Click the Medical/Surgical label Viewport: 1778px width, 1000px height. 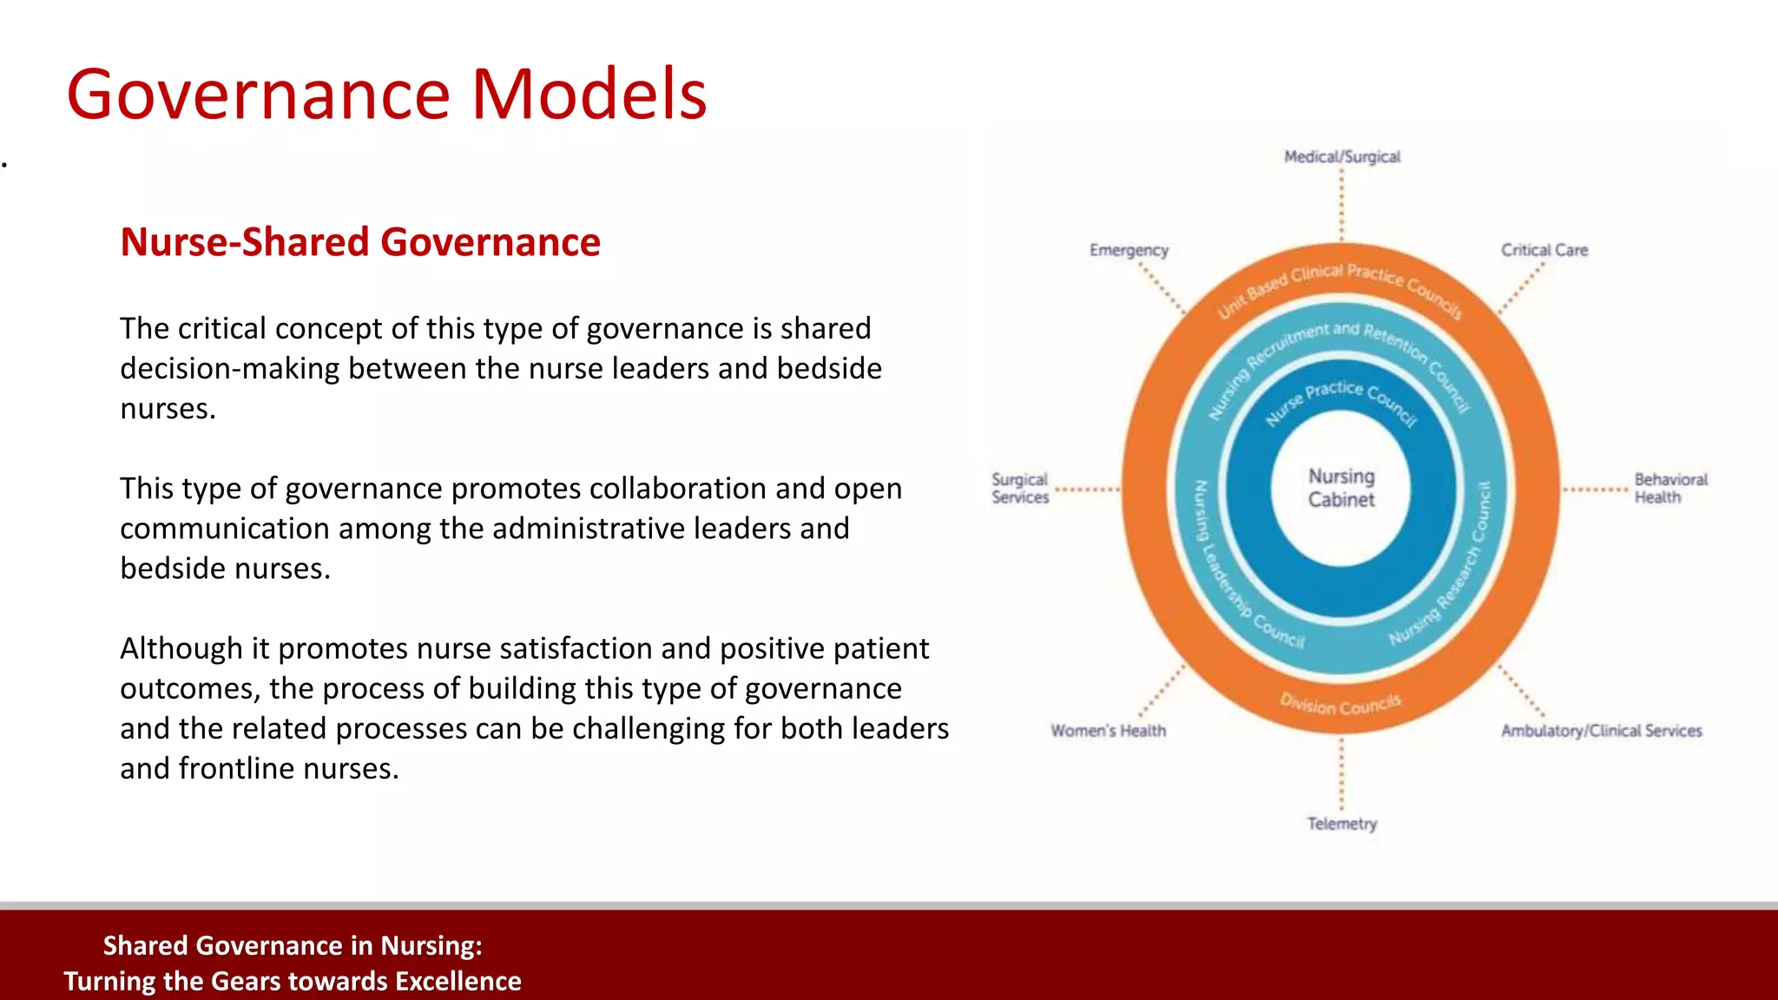pos(1342,157)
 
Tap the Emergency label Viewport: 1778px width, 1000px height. pos(1129,250)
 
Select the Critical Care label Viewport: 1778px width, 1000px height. pos(1544,250)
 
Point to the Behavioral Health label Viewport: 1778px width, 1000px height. pos(1670,488)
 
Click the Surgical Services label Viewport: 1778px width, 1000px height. pos(1020,488)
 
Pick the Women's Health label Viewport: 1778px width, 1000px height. pos(1108,731)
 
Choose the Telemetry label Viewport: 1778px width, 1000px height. pos(1342,823)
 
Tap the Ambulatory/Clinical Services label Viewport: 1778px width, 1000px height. pos(1602,731)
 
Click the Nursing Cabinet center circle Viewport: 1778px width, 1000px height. pos(1341,488)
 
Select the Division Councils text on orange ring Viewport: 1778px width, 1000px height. pos(1340,703)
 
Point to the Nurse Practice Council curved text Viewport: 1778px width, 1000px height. pos(1340,399)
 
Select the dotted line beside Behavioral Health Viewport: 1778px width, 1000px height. pos(1596,490)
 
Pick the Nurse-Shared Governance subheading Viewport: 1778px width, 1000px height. pos(360,241)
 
